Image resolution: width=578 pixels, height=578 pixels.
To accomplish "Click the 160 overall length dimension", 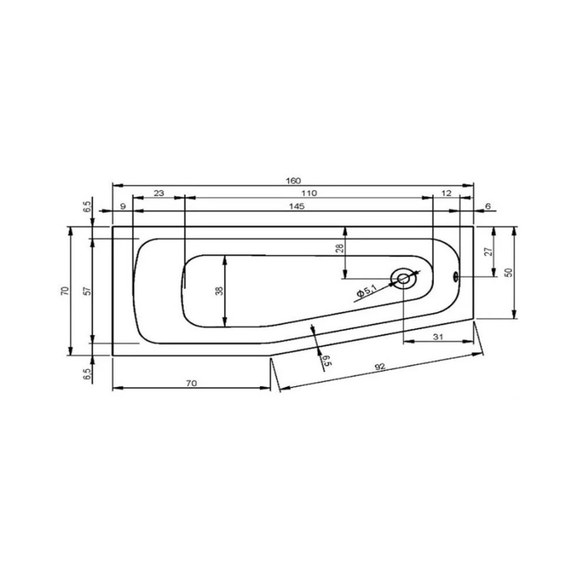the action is [x=293, y=180].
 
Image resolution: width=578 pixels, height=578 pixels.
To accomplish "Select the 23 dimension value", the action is [x=159, y=193].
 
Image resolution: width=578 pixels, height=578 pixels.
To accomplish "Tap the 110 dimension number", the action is [x=309, y=193].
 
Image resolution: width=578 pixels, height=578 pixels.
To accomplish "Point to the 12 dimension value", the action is [x=446, y=193].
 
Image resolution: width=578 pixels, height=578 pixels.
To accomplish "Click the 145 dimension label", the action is [x=297, y=206].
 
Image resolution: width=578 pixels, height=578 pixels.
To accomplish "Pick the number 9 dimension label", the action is [x=123, y=206].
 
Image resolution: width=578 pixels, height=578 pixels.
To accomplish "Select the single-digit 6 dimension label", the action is [x=488, y=206].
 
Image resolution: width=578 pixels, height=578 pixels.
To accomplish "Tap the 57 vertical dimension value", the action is [x=87, y=291].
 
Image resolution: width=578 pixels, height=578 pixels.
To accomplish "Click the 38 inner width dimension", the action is [x=220, y=291].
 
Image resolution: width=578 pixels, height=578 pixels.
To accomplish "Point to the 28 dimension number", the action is [x=340, y=248].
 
